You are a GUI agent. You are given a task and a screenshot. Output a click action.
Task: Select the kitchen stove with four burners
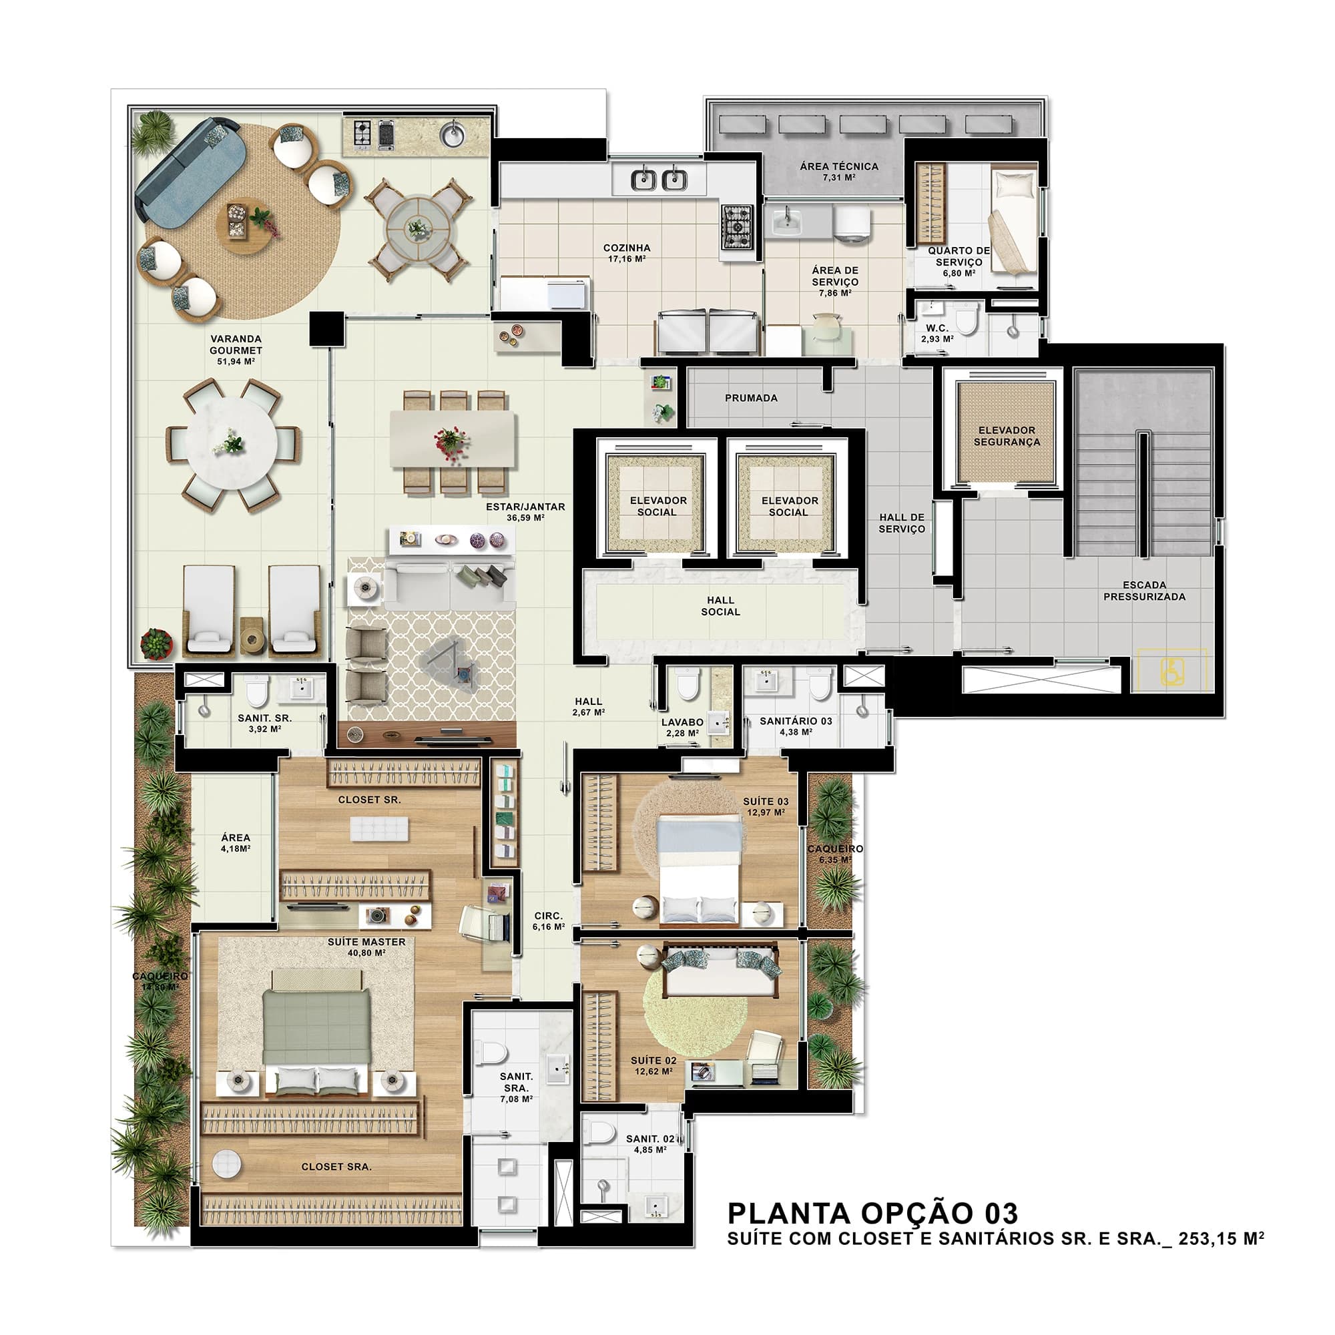(738, 227)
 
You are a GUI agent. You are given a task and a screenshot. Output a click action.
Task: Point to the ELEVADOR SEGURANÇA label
(1006, 436)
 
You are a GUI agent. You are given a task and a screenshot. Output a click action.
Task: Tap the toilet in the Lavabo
(688, 686)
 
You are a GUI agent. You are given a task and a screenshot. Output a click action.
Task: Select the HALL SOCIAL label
(720, 606)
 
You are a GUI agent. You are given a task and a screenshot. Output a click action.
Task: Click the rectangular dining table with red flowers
(453, 439)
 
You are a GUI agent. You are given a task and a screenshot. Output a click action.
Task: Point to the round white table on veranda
(232, 444)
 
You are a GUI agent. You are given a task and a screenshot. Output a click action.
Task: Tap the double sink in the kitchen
(659, 180)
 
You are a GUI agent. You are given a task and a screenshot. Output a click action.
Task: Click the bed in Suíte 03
(700, 870)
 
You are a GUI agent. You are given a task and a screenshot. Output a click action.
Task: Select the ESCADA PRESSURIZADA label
(1143, 591)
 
